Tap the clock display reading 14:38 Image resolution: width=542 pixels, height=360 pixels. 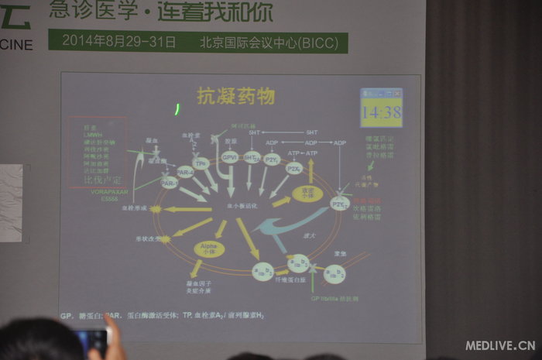[x=381, y=112]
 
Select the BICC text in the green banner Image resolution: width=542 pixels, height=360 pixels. [x=319, y=41]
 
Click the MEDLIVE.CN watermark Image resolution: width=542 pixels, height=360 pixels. [x=500, y=345]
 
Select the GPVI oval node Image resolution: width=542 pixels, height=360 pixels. [x=229, y=158]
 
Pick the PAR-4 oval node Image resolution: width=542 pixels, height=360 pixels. [x=184, y=171]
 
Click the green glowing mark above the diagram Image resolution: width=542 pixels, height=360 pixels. [x=177, y=108]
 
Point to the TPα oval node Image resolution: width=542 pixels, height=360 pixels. [x=201, y=164]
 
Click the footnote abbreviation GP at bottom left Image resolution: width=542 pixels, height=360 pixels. [x=67, y=317]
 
